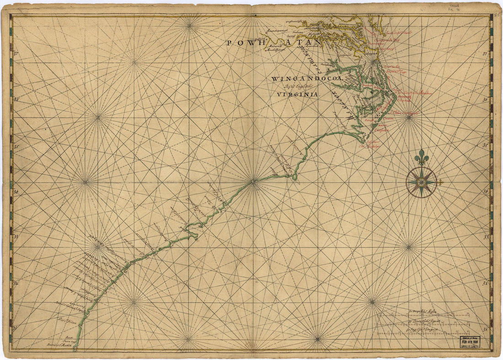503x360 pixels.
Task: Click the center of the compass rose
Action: tap(421, 182)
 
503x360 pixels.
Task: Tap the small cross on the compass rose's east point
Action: tap(441, 183)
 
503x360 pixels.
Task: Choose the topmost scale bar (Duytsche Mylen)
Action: tap(423, 315)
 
